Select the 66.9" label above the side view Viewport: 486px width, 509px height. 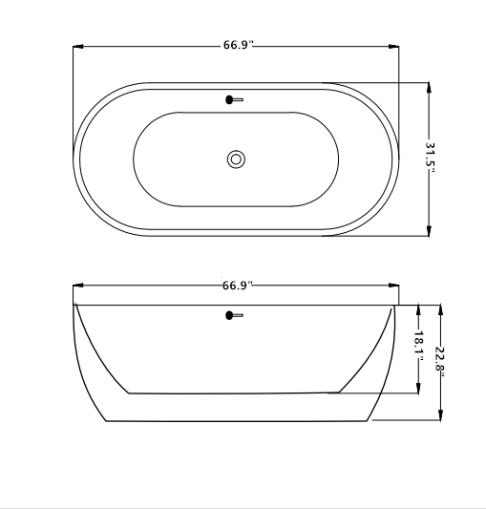click(x=238, y=285)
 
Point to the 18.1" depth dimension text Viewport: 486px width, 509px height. click(x=418, y=345)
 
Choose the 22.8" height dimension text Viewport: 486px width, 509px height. click(x=440, y=360)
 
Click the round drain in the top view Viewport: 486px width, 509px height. click(x=236, y=159)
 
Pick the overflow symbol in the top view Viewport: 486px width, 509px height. click(x=234, y=98)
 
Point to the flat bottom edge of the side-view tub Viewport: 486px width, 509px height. click(x=236, y=421)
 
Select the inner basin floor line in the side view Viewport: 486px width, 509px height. click(x=234, y=392)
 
